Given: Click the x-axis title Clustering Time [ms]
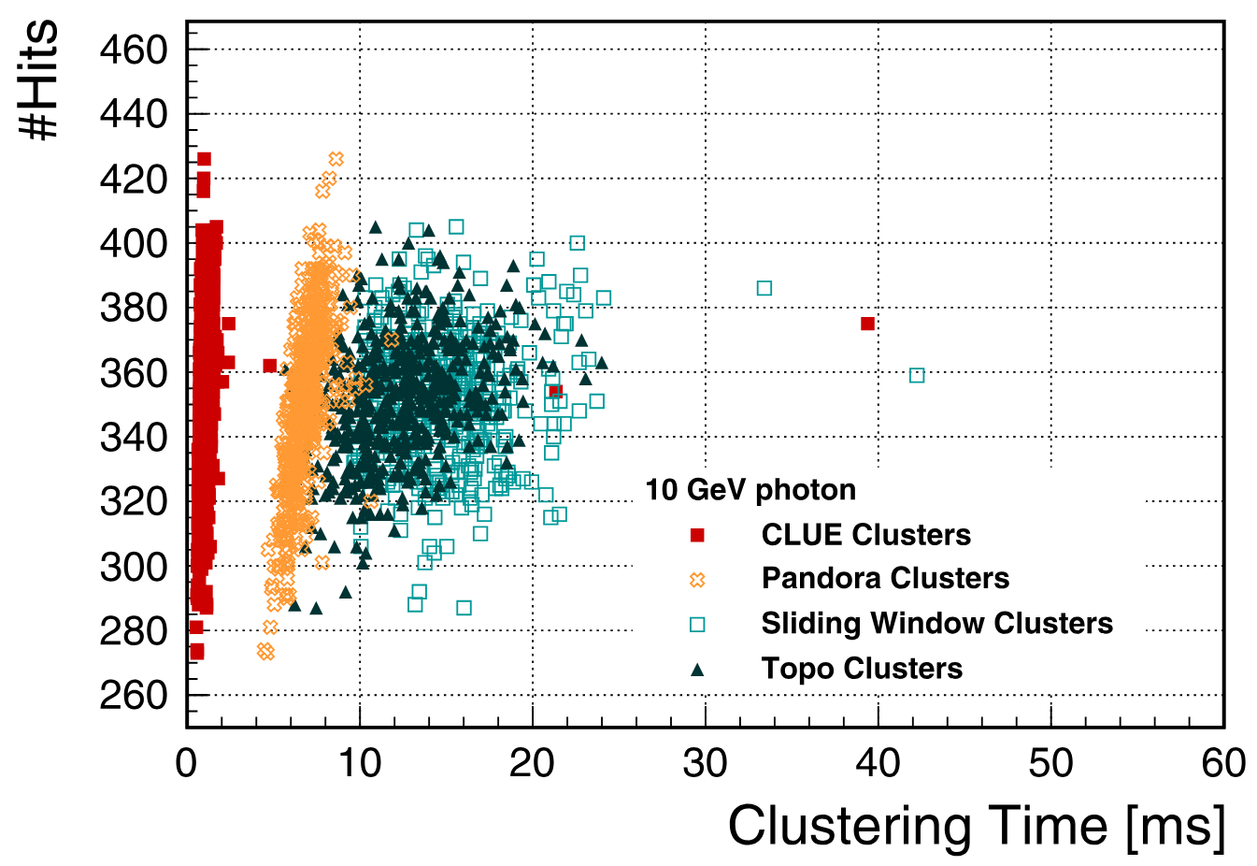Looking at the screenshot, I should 977,826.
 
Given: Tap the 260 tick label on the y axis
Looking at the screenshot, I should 133,695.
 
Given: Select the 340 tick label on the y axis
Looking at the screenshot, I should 133,437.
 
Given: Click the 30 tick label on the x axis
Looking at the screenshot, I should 705,764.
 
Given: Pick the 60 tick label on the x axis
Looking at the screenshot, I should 1223,764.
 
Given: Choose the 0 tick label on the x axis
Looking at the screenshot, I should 187,764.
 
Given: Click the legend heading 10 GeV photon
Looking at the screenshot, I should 750,490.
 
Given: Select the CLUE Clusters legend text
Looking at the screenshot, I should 866,535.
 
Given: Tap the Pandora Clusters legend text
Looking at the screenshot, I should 885,578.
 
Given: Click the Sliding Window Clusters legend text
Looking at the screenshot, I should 937,623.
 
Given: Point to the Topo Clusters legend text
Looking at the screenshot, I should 862,669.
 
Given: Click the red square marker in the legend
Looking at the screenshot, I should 697,535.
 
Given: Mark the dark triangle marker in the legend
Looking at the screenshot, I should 697,669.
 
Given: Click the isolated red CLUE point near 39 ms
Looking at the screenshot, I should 867,324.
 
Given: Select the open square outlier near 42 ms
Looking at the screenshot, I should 917,375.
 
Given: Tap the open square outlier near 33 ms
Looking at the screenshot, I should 764,288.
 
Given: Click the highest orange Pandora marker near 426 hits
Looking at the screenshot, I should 336,159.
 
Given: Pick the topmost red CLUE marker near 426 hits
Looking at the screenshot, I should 204,159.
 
